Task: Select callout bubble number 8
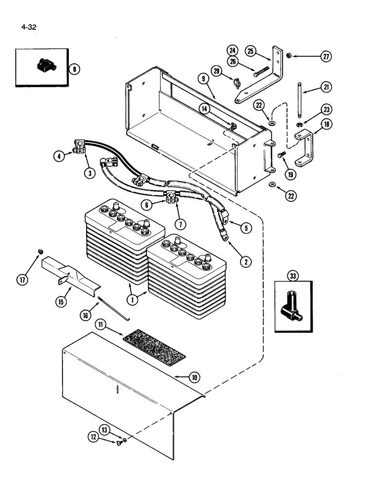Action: tap(74, 69)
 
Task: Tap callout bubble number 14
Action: tap(204, 107)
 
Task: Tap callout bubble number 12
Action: tap(94, 437)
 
